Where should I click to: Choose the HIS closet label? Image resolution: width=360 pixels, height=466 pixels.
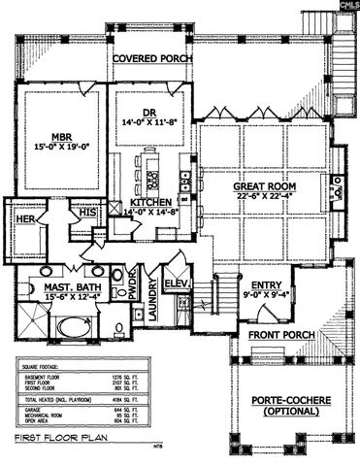pos(87,211)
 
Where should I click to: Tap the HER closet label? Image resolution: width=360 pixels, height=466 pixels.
pos(25,220)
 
